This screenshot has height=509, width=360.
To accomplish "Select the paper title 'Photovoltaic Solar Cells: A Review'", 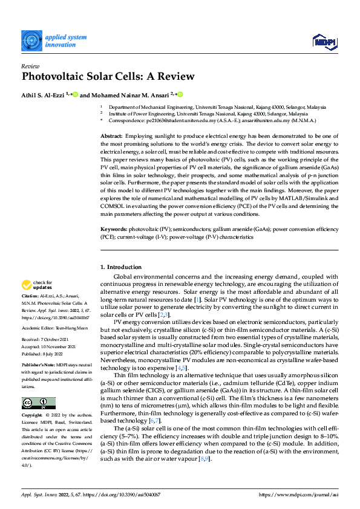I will tap(108, 77).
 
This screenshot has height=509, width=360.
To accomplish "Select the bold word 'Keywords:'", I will tap(114, 230).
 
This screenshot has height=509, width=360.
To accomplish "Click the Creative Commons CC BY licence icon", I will tap(39, 403).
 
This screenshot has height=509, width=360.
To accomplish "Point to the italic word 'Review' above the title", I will tap(31, 65).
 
